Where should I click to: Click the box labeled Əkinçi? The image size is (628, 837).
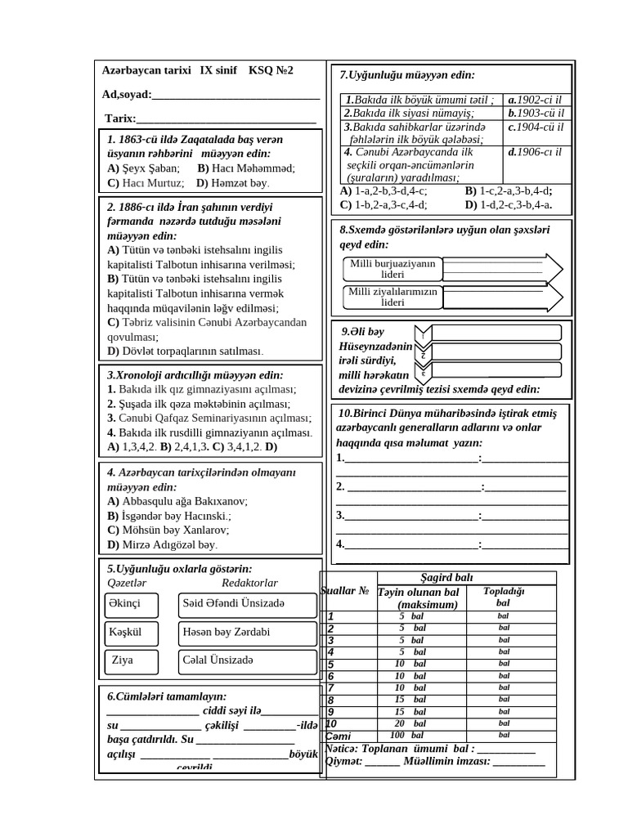click(136, 605)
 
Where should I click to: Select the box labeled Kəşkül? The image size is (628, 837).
click(136, 633)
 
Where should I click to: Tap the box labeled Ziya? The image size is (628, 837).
click(136, 660)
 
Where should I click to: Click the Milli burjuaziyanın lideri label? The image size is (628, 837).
click(392, 269)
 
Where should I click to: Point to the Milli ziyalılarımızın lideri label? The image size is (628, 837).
click(392, 297)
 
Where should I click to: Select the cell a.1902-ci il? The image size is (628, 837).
click(536, 100)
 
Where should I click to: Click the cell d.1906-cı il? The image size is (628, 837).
click(536, 152)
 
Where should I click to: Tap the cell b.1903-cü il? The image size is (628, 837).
click(536, 114)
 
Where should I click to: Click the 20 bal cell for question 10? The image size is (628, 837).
click(413, 723)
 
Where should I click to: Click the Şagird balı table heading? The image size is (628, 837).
click(445, 577)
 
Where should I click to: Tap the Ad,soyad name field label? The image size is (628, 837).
click(127, 95)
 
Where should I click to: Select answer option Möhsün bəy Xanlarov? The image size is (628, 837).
click(164, 530)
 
